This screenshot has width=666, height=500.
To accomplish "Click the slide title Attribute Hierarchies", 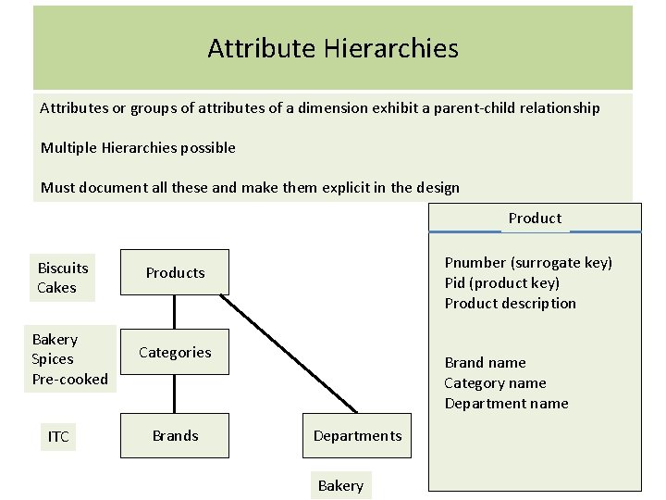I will [333, 48].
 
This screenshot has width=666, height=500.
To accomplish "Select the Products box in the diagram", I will [175, 273].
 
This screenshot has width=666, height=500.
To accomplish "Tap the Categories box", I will [175, 352].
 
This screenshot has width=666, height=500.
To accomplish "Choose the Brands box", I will [175, 435].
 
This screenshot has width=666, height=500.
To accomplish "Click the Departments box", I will [357, 435].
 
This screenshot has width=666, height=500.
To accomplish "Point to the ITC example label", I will [58, 436].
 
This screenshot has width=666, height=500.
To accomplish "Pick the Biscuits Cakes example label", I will [63, 278].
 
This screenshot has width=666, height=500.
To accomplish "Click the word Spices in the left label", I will [53, 359].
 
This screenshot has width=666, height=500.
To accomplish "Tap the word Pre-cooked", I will [69, 379].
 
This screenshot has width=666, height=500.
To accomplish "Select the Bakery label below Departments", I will [340, 485].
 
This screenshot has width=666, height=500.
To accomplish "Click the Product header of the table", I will [535, 219].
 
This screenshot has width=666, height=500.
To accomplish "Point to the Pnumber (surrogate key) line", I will [528, 263].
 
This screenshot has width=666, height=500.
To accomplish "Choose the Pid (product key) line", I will [501, 283].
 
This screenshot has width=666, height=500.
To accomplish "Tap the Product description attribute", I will [510, 304].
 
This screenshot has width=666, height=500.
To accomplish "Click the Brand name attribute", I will [485, 363].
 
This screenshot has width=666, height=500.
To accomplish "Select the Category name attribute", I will [495, 383].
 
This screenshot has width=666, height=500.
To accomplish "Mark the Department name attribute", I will [506, 404].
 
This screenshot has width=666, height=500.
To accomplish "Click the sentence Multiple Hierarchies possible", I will [138, 148].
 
